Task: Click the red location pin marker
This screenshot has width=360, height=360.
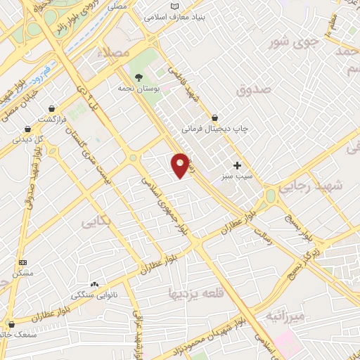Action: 181,165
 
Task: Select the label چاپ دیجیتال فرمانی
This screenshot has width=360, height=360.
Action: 217,129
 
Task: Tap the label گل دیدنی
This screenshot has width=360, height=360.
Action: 30,139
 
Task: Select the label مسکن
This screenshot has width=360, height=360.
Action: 25,272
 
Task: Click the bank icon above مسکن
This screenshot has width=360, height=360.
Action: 22,261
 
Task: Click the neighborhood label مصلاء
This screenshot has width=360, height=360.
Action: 117,53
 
